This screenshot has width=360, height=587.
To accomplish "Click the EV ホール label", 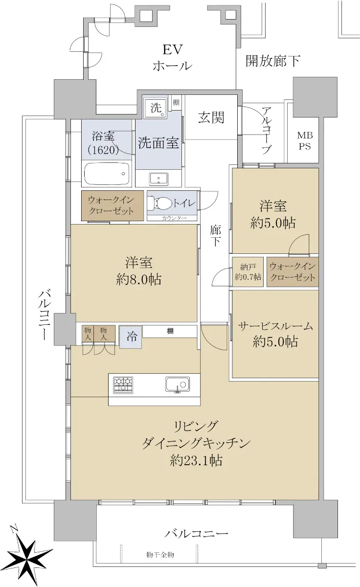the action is tap(172, 58).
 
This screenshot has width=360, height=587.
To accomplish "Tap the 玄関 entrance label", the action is tap(211, 117).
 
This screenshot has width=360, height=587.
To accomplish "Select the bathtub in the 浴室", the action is tap(107, 174).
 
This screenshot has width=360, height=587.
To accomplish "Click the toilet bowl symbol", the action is tap(160, 203).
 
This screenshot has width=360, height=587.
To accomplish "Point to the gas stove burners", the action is tap(123, 385).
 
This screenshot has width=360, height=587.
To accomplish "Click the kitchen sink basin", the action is tap(178, 384).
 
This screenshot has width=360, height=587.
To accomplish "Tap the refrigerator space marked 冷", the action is tap(131, 337).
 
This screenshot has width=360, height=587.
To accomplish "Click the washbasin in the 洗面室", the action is tap(159, 179).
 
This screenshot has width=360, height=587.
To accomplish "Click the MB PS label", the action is tap(305, 141).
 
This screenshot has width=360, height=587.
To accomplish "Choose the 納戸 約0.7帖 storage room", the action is tap(247, 272).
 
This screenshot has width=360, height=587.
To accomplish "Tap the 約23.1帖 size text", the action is tap(196, 468).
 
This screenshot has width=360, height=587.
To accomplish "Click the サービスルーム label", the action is tap(275, 326).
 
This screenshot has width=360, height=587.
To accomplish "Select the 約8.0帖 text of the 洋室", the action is tap(138, 280).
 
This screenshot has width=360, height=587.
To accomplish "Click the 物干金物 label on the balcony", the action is tap(160, 555).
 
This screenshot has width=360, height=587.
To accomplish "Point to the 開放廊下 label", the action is tap(272, 61).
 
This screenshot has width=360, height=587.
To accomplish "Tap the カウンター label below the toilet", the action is tap(174, 218).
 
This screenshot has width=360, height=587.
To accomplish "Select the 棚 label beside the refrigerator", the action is tap(170, 331).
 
